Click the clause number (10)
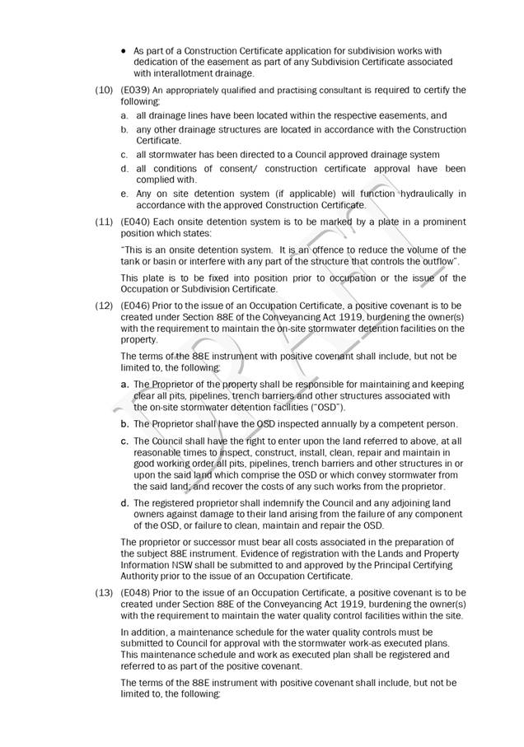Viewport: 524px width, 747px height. point(104,90)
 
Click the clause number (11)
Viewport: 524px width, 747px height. point(104,222)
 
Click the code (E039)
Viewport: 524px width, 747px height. point(133,90)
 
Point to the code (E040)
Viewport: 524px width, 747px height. point(133,222)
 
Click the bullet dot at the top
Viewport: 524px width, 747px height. point(124,50)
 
